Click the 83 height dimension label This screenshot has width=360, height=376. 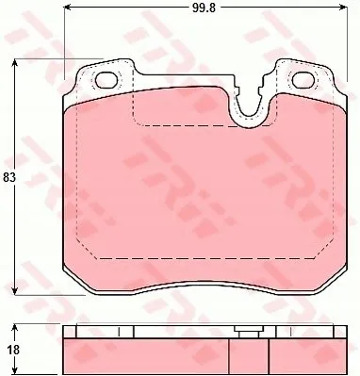(x=9, y=178)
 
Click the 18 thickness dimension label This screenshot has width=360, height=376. (x=13, y=350)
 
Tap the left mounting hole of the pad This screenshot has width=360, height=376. (x=106, y=80)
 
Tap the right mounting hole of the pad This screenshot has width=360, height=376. (x=303, y=80)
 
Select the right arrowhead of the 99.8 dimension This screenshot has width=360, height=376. (x=342, y=8)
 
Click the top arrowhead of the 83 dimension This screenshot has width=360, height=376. (x=14, y=64)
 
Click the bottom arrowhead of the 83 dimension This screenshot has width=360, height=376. (x=14, y=290)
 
